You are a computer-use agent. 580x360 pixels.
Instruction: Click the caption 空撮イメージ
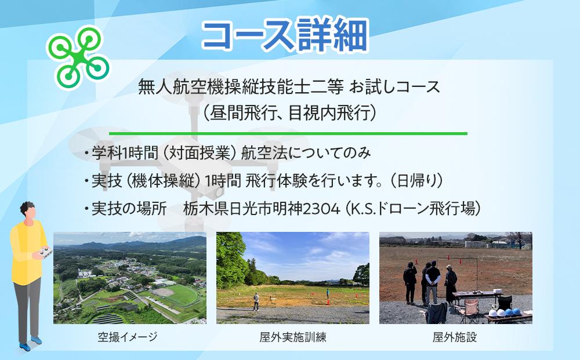(x=128, y=337)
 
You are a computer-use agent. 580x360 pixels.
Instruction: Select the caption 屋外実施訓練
(x=293, y=337)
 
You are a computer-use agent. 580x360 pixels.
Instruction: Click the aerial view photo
(x=129, y=278)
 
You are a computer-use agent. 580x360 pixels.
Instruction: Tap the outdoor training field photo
(x=293, y=278)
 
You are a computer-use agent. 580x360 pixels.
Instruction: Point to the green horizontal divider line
(x=288, y=133)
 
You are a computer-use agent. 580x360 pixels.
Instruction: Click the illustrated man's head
(x=27, y=211)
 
